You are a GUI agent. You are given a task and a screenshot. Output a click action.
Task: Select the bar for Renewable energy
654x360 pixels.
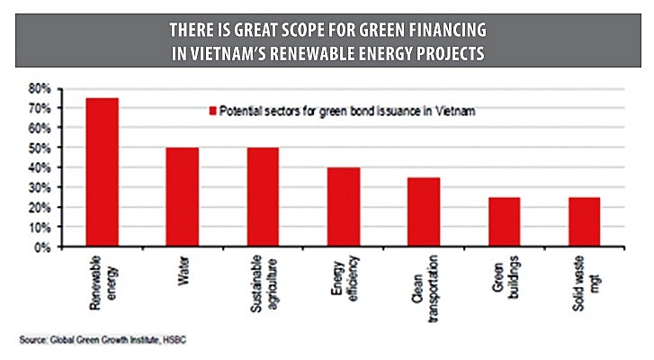(x=102, y=172)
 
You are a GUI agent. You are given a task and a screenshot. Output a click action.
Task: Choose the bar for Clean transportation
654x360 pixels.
(x=423, y=212)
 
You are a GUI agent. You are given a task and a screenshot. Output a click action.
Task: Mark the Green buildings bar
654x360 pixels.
(x=503, y=222)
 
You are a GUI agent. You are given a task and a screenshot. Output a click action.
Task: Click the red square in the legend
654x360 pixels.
(x=213, y=112)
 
